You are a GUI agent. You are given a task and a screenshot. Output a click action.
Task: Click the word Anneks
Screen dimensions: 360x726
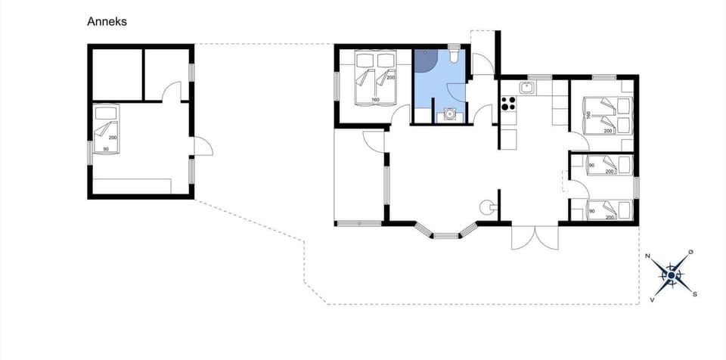pos(107,22)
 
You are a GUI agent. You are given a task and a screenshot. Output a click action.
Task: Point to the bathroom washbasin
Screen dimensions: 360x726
pos(451,114)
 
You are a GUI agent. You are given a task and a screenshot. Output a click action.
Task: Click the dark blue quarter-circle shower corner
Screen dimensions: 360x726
pos(423,60)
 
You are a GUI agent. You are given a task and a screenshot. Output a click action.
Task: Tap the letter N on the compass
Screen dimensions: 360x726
pos(648,256)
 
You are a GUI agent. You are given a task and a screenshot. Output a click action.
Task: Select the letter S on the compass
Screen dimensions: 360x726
pos(694,293)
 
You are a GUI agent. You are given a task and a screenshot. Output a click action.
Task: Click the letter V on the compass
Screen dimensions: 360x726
pos(652,299)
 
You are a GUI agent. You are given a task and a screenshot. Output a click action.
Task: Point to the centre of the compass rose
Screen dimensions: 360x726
pos(671,275)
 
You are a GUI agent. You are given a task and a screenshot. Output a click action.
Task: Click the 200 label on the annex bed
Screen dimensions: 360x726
pos(112,138)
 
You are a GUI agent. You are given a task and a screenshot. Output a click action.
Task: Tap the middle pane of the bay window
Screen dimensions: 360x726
pos(446,234)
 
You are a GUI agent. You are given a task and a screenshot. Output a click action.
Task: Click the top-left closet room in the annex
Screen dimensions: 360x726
pos(116,73)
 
